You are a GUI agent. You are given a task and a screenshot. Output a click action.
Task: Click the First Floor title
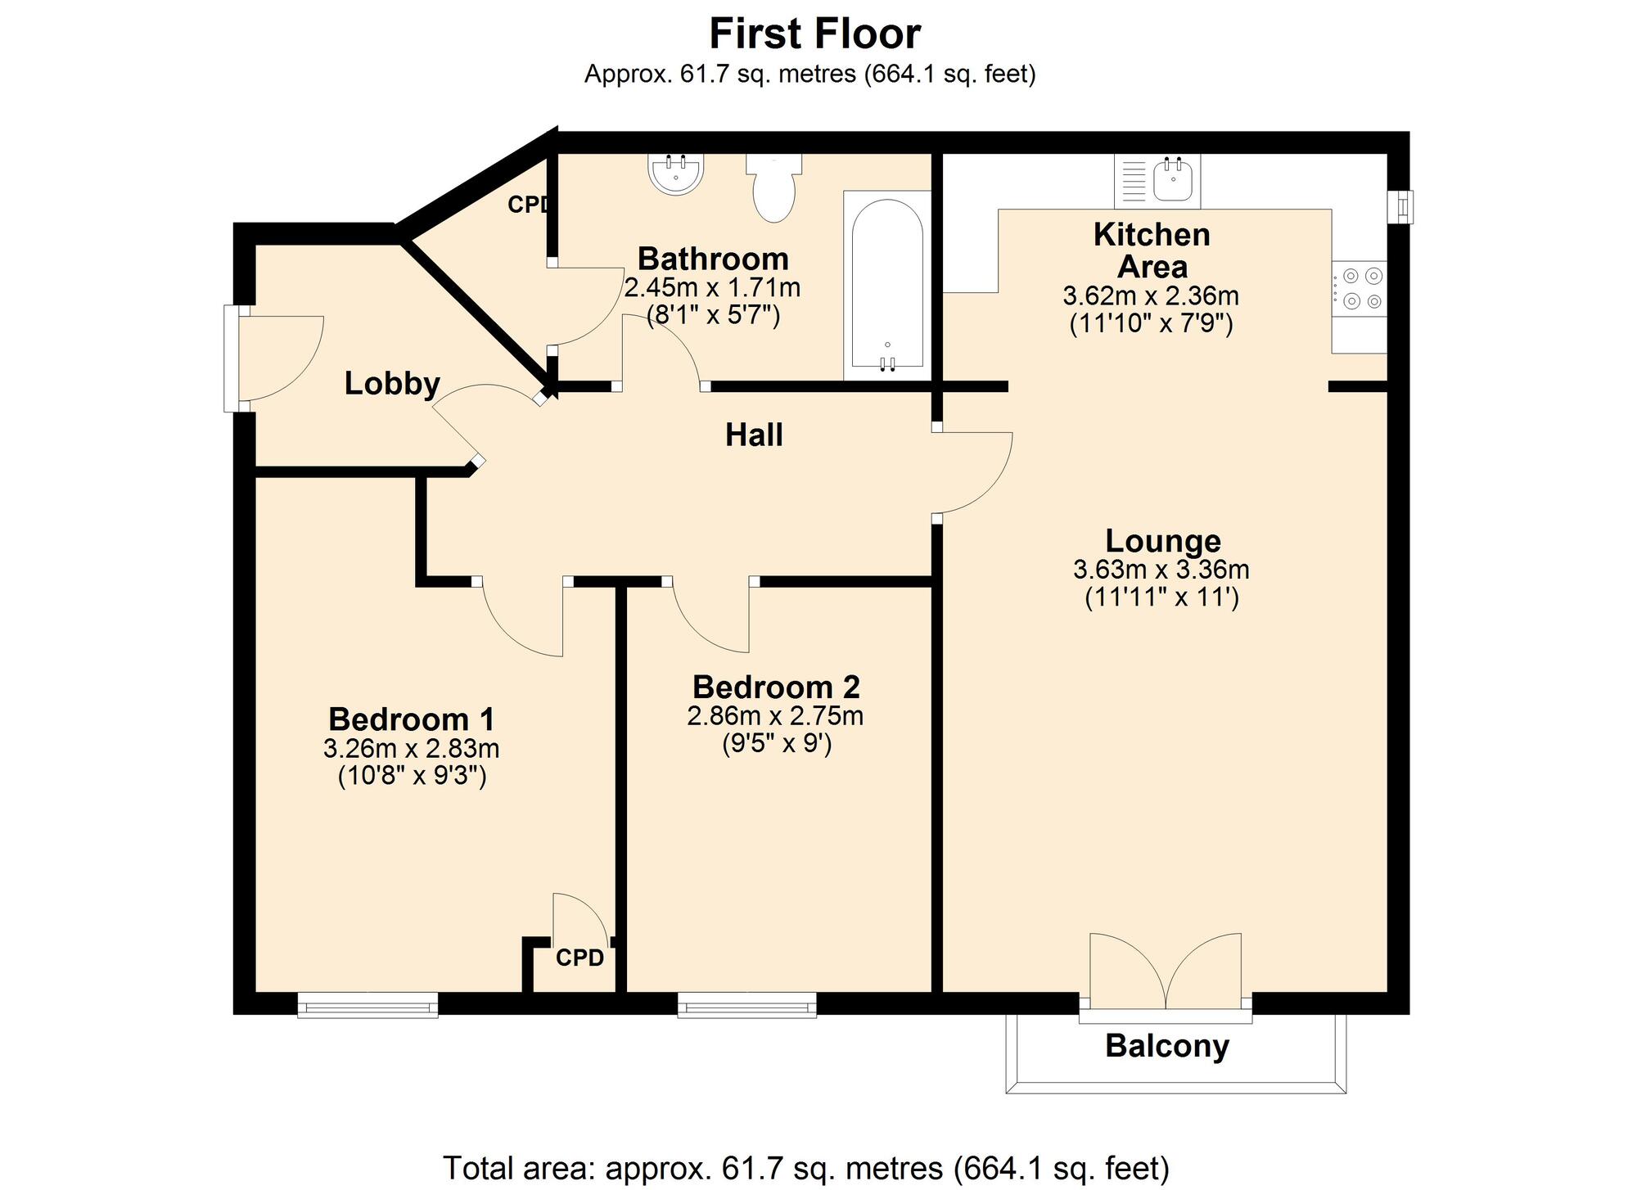point(814,34)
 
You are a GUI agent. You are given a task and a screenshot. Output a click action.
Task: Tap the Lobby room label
point(392,383)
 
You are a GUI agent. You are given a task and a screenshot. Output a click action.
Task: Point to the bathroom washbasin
point(676,174)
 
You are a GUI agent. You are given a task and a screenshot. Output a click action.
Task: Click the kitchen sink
point(1173,180)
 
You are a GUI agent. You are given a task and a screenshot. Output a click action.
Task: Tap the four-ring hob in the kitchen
point(1359,289)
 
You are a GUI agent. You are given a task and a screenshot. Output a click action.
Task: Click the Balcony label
point(1166,1046)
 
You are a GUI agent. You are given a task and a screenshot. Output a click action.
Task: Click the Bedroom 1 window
point(368,1004)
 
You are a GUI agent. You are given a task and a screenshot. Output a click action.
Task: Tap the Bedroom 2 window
point(746,1004)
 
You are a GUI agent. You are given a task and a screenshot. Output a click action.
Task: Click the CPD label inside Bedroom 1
point(579,958)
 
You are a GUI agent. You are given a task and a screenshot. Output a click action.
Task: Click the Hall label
point(754,435)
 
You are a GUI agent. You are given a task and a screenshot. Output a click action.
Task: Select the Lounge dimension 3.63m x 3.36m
point(1161,570)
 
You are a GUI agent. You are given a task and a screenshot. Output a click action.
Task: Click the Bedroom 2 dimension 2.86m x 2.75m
point(774,716)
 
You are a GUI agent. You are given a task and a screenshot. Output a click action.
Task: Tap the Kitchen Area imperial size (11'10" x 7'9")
point(1151,324)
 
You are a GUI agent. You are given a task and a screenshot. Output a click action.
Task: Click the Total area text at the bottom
point(805,1168)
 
